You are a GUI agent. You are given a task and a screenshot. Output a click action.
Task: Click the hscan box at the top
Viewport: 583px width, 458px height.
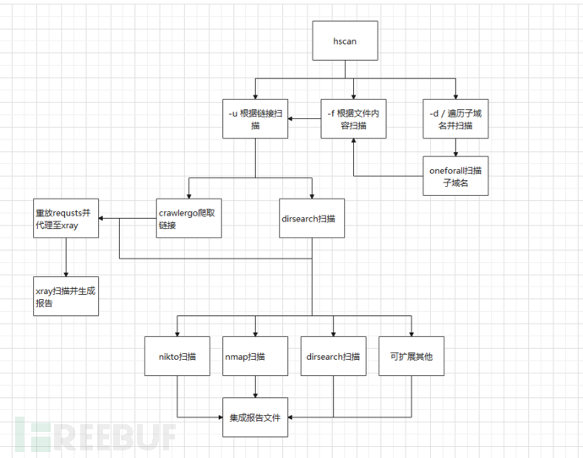344,41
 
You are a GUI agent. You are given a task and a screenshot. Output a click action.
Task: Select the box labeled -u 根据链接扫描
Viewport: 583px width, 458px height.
255,118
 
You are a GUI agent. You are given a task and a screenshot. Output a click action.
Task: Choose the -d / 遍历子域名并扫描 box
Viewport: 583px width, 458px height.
455,118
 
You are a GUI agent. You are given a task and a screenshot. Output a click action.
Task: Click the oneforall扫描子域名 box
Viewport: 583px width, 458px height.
456,177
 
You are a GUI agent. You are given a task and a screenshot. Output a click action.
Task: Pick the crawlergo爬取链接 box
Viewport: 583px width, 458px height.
189,219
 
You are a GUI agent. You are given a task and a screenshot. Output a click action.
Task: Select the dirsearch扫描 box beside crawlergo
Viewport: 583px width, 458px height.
312,219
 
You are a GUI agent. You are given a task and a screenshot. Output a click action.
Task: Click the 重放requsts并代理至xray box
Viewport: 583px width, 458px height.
65,219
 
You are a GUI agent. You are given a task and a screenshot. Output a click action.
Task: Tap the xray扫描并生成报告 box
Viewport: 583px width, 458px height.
65,296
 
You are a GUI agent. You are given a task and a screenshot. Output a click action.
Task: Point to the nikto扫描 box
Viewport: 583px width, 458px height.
177,356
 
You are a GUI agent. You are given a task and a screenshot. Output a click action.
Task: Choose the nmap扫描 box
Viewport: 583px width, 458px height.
255,356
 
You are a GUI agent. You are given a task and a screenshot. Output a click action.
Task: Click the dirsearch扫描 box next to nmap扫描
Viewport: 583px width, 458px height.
334,356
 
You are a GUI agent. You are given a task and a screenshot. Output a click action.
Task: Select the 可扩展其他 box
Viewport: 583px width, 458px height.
411,356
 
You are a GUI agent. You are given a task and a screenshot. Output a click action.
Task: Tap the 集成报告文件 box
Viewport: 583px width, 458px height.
255,417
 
